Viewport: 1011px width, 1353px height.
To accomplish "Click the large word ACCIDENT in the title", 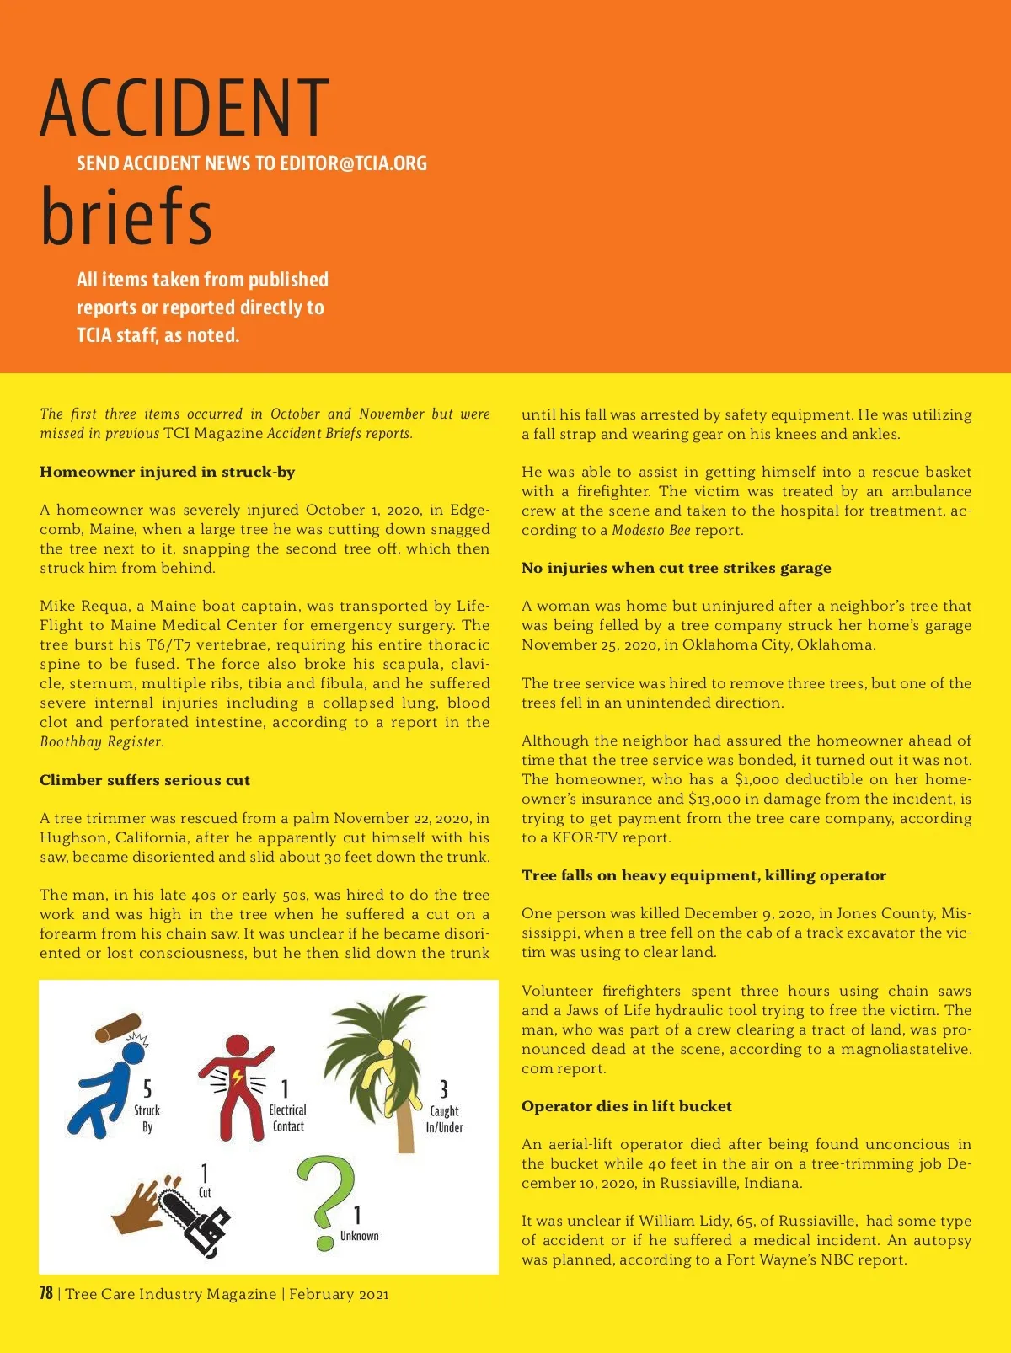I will tap(185, 108).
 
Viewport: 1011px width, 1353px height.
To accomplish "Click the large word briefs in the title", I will tap(126, 216).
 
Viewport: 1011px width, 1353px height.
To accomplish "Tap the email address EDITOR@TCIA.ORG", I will tap(353, 163).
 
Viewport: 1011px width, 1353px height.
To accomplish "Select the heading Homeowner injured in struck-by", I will tap(167, 472).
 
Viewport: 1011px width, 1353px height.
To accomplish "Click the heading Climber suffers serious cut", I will tap(145, 780).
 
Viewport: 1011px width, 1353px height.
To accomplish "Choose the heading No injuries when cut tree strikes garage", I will tap(676, 568).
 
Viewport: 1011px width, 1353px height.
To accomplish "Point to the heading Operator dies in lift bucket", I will tap(626, 1106).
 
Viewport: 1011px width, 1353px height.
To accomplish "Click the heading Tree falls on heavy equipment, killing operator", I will tap(703, 875).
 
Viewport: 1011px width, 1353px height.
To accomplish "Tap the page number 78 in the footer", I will tap(46, 1293).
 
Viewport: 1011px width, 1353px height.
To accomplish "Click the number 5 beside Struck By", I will tap(147, 1089).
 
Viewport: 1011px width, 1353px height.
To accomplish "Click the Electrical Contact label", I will tap(287, 1118).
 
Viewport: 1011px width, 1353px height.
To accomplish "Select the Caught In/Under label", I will tap(444, 1119).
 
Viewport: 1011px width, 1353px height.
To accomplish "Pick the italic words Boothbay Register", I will tap(100, 741).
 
